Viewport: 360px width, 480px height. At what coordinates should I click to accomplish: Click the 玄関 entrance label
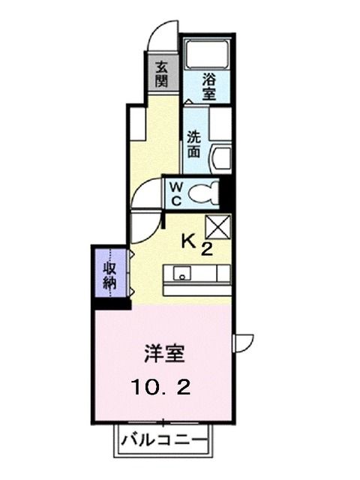click(161, 73)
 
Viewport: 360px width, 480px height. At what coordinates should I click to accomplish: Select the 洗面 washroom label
click(193, 145)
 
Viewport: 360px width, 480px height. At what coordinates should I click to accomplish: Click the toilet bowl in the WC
click(202, 194)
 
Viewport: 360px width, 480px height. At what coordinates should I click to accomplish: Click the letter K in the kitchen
click(191, 241)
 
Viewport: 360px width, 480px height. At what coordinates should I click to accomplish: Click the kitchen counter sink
click(181, 274)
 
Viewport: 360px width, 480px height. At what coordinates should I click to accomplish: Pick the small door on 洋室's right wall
click(244, 342)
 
